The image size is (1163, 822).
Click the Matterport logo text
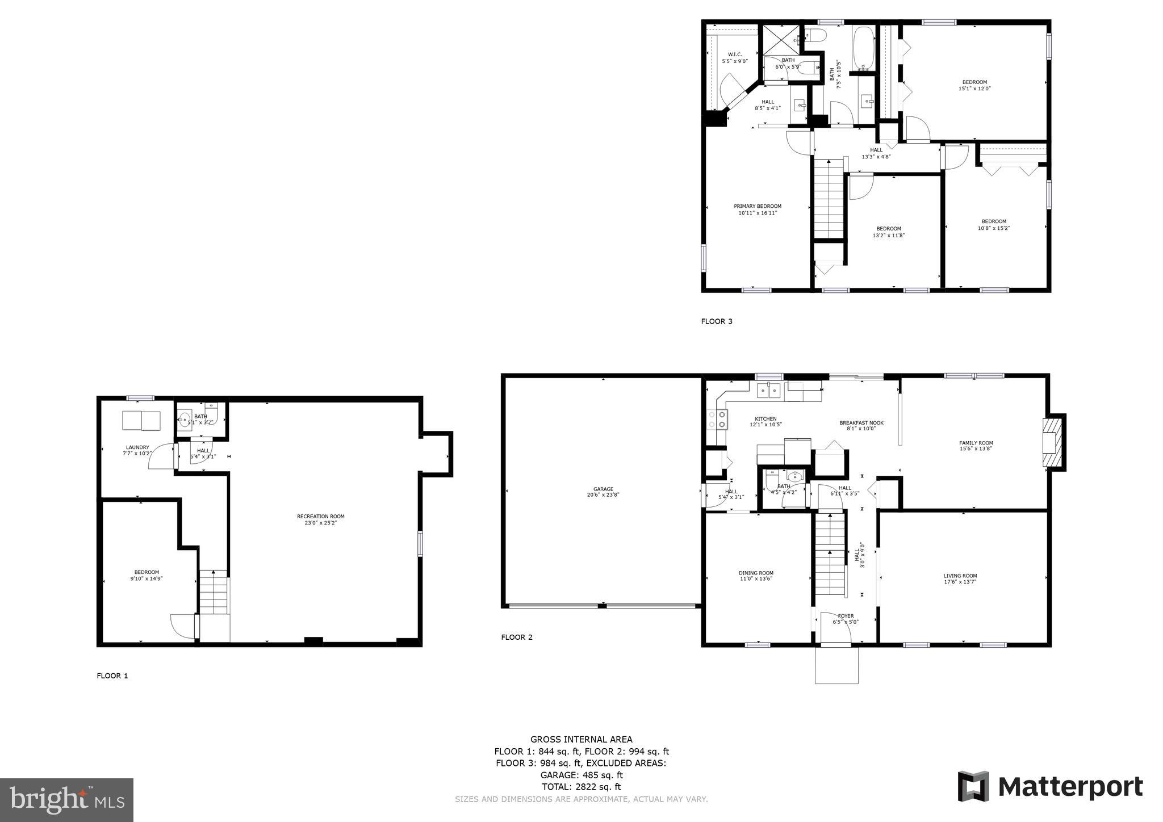tap(1070, 787)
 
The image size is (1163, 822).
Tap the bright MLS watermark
tap(66, 800)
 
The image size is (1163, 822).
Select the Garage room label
tap(603, 492)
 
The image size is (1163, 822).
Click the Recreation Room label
tap(320, 519)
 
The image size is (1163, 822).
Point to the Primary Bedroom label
tap(757, 209)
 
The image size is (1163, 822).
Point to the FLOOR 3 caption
tap(717, 321)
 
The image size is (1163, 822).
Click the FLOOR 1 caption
tap(112, 676)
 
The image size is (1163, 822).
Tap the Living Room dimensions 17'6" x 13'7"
tap(960, 582)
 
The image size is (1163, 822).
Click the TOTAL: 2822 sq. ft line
tap(581, 787)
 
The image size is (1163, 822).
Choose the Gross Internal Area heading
tap(581, 739)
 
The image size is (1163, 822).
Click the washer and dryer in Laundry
tap(141, 421)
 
